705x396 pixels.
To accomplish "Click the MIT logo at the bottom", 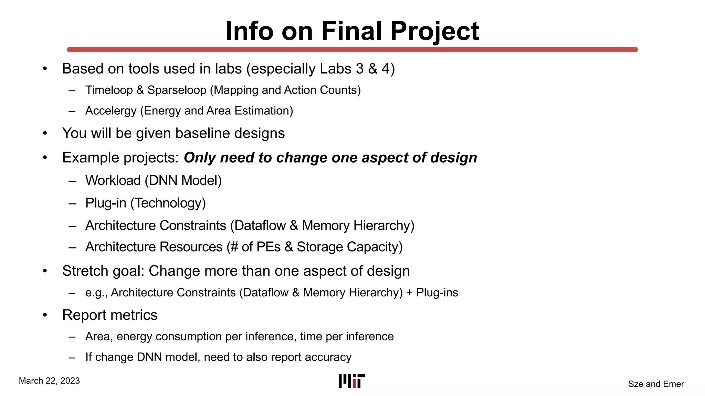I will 351,381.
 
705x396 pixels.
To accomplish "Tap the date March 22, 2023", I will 49,381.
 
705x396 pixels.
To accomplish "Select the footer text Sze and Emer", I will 656,384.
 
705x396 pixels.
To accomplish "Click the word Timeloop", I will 109,90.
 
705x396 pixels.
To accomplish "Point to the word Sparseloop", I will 177,90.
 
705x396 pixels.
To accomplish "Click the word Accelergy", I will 111,111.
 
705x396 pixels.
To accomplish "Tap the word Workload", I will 113,180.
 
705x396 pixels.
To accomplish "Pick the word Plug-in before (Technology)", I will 106,203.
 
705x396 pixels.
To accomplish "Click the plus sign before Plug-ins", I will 409,293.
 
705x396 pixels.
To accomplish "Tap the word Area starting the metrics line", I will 99,336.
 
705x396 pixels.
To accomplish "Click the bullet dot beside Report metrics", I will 45,315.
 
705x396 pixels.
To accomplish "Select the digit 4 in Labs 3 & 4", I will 385,69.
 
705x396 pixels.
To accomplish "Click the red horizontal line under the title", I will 352,49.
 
